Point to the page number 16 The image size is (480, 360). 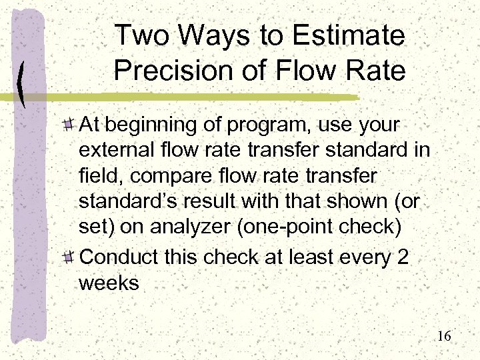pos(444,336)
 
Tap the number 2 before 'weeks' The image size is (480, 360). pos(402,257)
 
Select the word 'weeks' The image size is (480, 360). pos(109,283)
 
